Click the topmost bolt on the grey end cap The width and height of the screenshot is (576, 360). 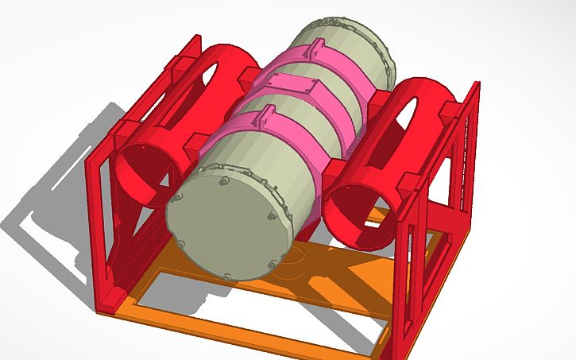pos(225,182)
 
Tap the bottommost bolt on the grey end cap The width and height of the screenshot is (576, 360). pos(227,277)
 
